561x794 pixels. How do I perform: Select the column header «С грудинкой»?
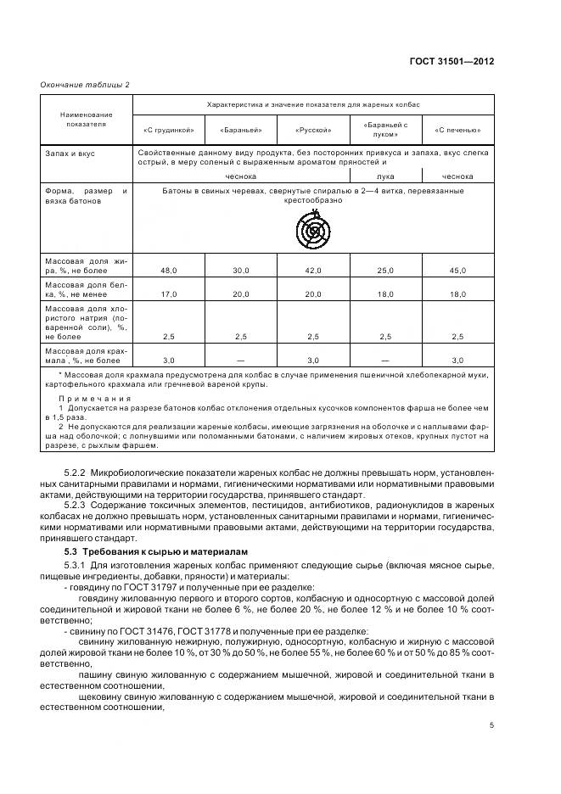(170, 130)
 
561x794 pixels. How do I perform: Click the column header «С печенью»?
(457, 130)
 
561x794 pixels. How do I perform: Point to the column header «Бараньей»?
(241, 130)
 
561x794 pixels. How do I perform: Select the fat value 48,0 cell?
(168, 270)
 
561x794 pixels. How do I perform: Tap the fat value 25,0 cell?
(385, 270)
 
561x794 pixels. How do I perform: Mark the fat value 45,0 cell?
(457, 270)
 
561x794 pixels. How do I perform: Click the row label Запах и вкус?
(70, 154)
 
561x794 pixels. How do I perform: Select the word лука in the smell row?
(385, 176)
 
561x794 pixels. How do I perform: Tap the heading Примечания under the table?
(93, 399)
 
